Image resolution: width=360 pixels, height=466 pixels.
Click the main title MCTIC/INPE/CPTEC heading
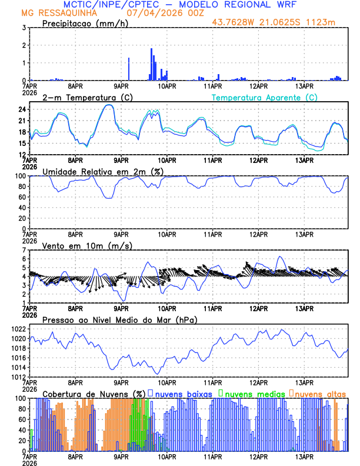pos(179,5)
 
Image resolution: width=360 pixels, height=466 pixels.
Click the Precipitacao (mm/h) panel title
pos(86,23)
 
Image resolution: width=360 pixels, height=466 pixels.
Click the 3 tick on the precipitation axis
pos(24,28)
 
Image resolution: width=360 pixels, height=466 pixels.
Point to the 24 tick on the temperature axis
pos(22,109)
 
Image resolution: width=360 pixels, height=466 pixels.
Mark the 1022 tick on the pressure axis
pos(18,329)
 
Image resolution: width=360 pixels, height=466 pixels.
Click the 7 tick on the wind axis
pos(24,250)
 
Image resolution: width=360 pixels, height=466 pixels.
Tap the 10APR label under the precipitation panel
pos(167,86)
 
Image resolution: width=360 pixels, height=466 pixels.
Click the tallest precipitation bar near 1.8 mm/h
pos(151,64)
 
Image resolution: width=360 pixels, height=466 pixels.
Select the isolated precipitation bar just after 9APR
pos(129,69)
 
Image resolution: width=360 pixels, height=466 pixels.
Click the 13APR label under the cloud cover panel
pos(304,457)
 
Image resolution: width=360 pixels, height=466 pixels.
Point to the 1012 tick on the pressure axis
pos(18,377)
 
